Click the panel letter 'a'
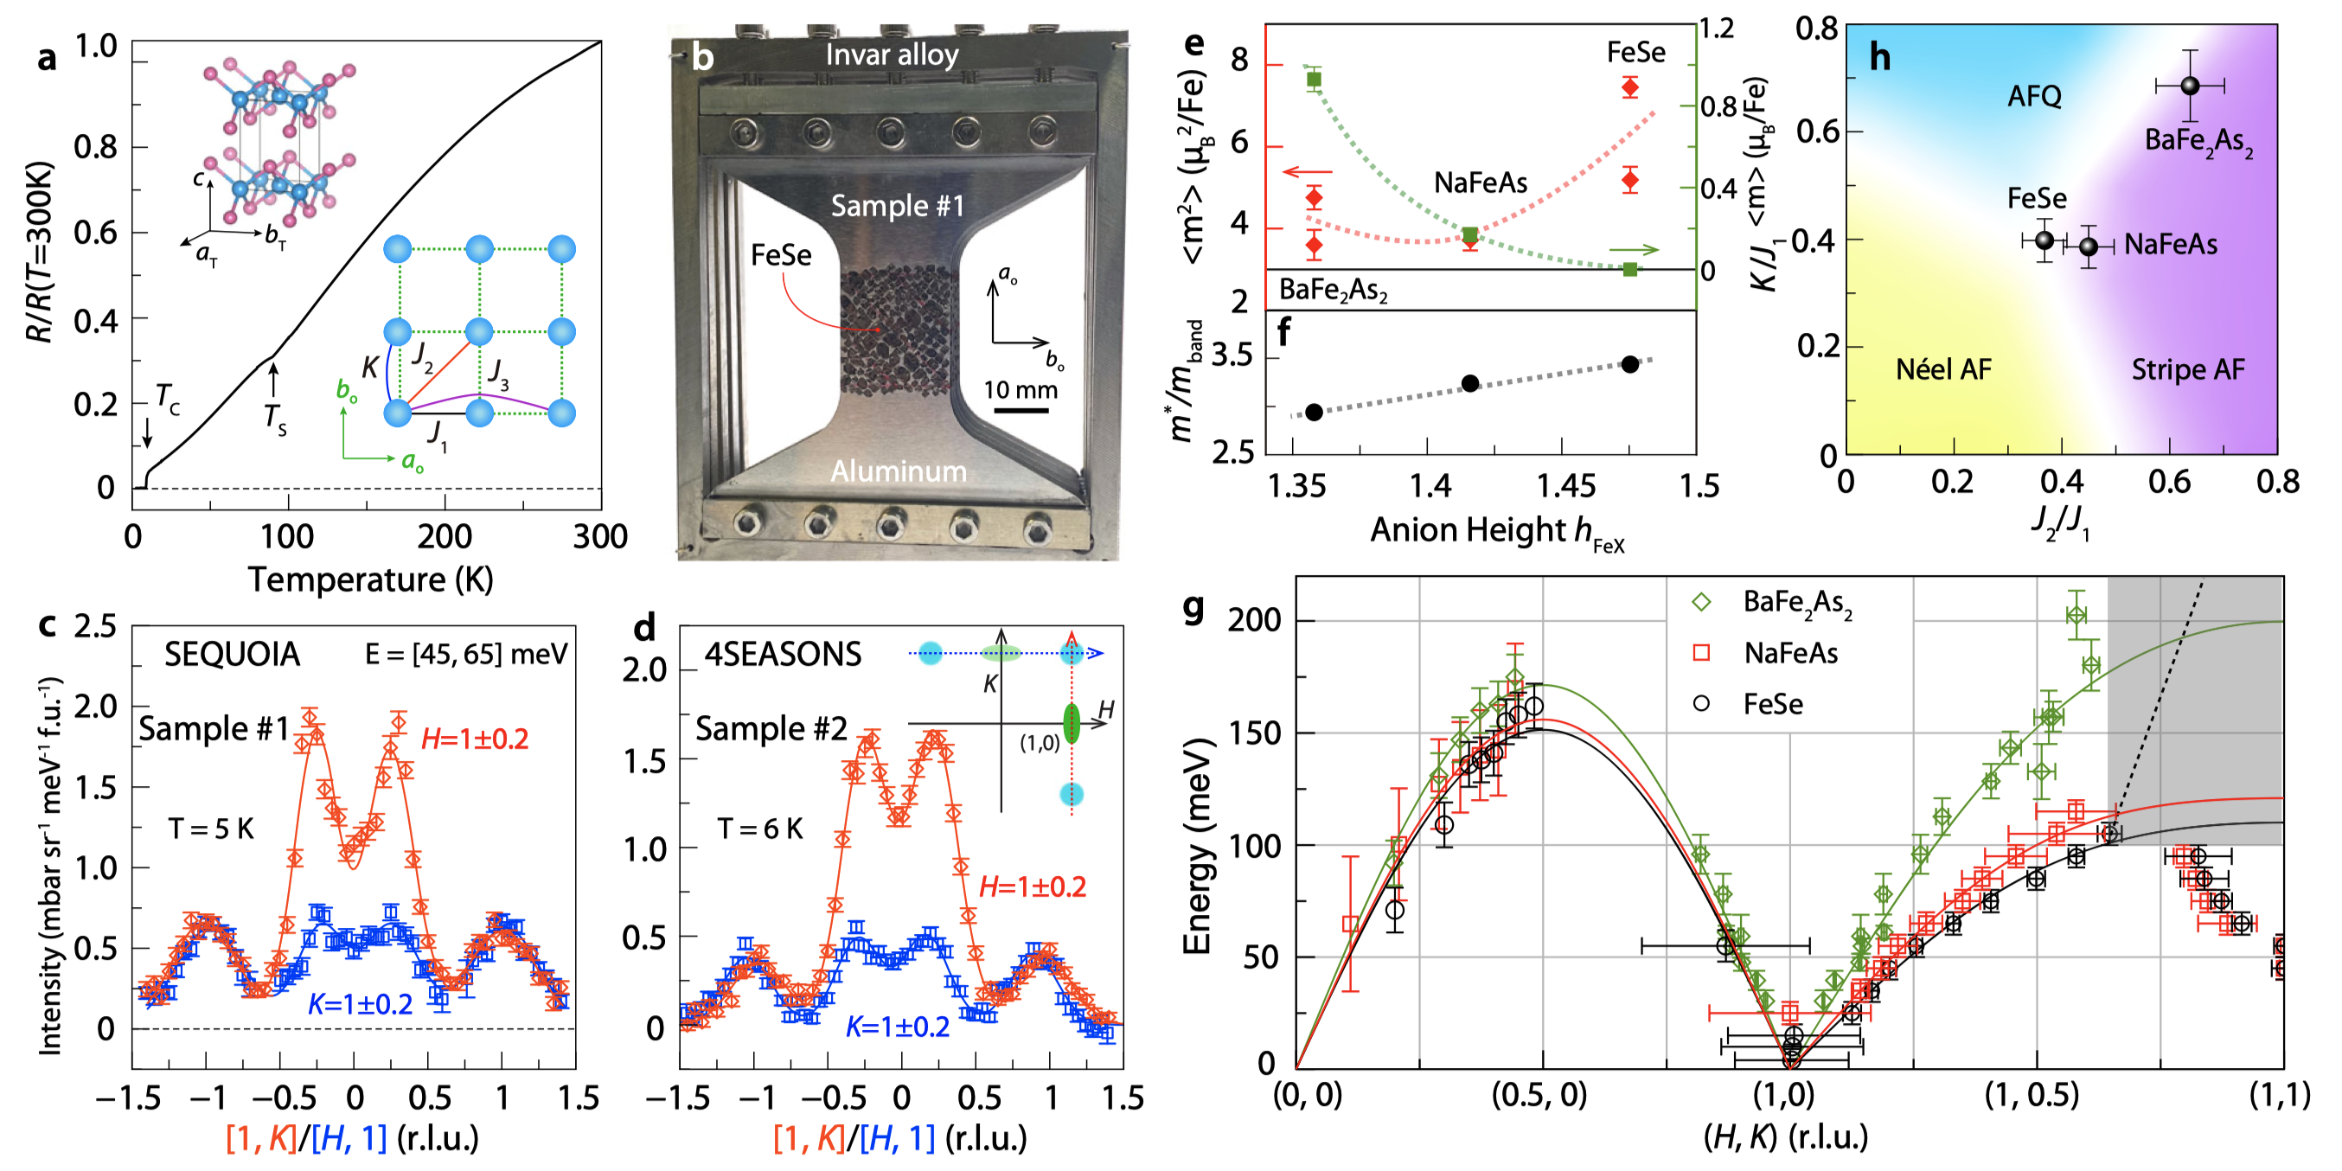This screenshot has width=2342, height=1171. pos(47,58)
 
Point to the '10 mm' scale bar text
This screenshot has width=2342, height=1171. pos(1020,390)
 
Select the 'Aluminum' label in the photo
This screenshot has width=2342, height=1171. pos(899,471)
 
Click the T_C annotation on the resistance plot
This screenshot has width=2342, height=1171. pos(167,397)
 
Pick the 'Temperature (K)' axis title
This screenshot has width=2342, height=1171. pos(370,579)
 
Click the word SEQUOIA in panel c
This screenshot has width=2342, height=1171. pos(232,655)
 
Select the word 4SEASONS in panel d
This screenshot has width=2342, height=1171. pos(783,655)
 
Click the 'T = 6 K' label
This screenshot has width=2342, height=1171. pos(760,829)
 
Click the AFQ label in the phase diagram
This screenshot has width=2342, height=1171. pos(2034,96)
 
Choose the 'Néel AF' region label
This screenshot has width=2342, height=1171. pos(1943,369)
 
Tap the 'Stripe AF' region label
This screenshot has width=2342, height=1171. pos(2187,369)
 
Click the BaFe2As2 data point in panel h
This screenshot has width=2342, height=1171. pos(2189,86)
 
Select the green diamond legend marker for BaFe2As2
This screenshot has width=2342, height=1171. pos(1701,602)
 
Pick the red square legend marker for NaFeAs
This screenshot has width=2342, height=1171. pos(1701,653)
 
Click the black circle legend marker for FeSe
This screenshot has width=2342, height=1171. pos(1701,704)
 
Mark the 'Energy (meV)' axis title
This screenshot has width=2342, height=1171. pos(1196,846)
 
